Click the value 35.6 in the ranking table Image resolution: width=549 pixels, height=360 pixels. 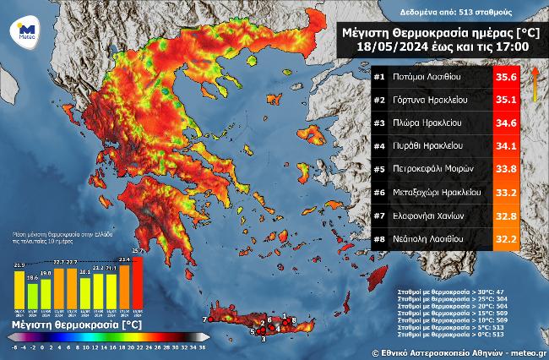point(505,77)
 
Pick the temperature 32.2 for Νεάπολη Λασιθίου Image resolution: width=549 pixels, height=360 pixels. point(505,239)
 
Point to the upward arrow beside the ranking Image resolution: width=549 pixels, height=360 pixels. point(535,85)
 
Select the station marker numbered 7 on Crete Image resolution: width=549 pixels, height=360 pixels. point(204,319)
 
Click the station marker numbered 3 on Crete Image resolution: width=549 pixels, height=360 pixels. point(263,339)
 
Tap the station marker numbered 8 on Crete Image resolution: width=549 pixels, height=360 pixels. point(293,319)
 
